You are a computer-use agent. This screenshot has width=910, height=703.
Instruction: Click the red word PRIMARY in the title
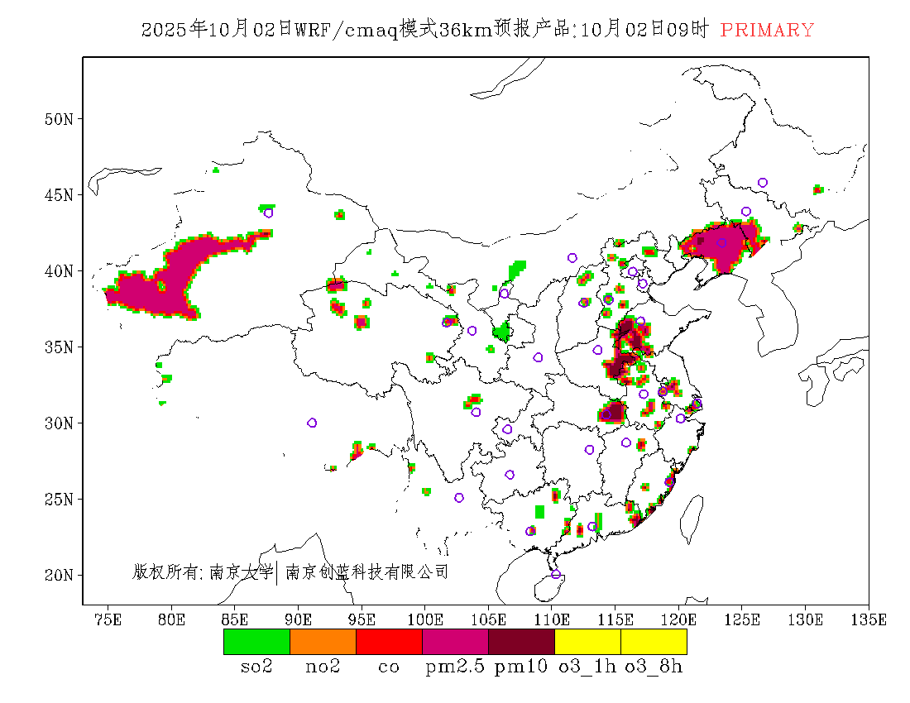coord(767,31)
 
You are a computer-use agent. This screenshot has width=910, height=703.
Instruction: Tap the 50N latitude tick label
coord(59,119)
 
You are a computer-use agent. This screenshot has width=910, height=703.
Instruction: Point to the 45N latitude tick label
coord(59,195)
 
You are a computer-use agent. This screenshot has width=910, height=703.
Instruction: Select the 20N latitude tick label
coord(59,575)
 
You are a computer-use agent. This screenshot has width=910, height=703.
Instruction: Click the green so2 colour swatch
coord(256,642)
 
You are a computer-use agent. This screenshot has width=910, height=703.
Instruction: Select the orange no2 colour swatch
coord(323,642)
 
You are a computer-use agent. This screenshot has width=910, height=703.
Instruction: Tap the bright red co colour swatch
coord(389,642)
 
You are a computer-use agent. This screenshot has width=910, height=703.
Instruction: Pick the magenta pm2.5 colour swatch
coord(455,642)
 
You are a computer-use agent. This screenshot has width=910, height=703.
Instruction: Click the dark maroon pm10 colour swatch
coord(521,642)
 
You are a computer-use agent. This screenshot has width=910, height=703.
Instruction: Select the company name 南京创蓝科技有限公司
coord(366,571)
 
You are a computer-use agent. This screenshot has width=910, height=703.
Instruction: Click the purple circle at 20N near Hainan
coord(556,575)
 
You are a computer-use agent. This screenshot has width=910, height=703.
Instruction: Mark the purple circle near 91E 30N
coord(312,423)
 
